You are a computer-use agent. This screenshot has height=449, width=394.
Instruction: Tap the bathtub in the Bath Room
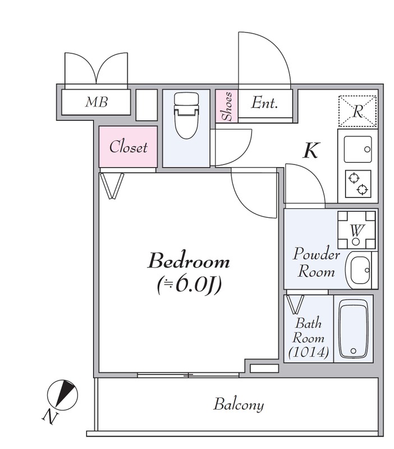[353, 329]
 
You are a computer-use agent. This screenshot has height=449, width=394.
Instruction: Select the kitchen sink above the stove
[358, 149]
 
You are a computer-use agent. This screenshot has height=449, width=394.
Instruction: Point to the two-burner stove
[358, 184]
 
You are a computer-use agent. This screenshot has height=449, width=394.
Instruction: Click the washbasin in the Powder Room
[359, 270]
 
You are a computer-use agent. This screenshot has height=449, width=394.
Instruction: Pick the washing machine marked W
[356, 230]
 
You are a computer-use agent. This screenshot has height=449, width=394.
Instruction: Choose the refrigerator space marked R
[358, 111]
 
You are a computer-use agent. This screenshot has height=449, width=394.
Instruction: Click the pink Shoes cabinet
[227, 106]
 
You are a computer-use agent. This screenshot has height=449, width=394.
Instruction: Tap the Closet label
[129, 147]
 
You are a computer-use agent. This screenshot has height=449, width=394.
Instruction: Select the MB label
[96, 102]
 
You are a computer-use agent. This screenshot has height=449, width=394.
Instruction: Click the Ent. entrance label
[264, 103]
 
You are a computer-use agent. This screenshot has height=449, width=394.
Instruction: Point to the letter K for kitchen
[311, 150]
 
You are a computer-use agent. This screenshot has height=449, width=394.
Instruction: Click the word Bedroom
[189, 261]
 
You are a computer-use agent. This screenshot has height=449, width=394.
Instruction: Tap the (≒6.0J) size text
[189, 285]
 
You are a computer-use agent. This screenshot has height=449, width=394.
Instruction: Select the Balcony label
[239, 405]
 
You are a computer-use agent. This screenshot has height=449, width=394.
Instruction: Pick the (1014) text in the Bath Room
[308, 352]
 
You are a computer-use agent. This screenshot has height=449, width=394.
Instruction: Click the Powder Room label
[316, 262]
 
